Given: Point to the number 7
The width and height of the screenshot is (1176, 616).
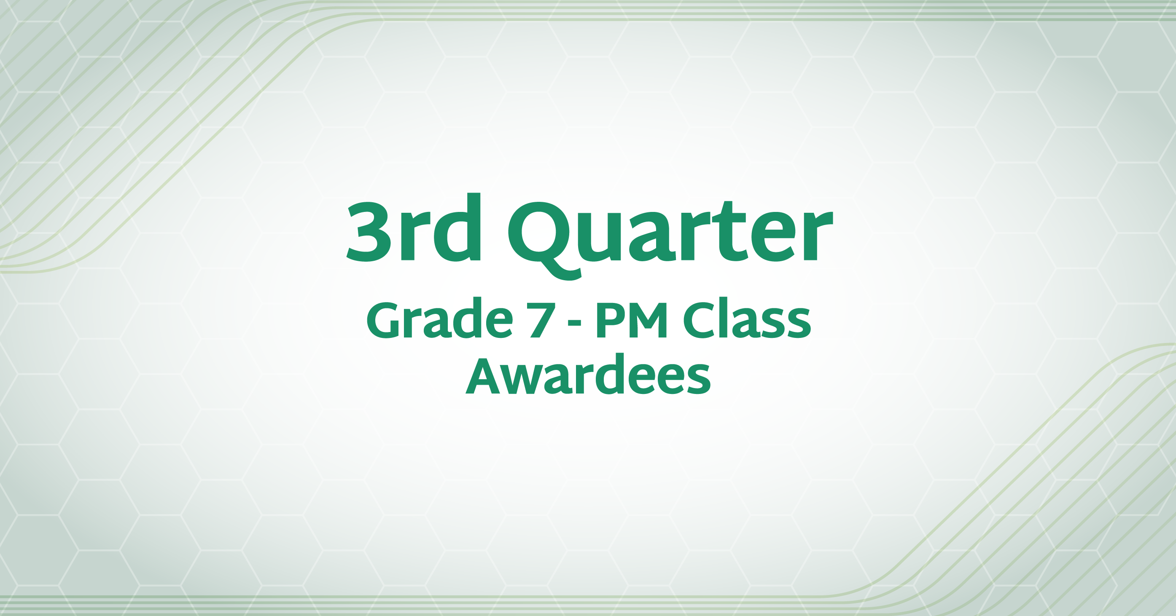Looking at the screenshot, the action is (x=542, y=321).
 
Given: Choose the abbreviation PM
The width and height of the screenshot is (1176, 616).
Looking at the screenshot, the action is (x=631, y=321).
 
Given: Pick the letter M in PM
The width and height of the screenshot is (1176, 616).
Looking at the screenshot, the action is (x=647, y=321).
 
